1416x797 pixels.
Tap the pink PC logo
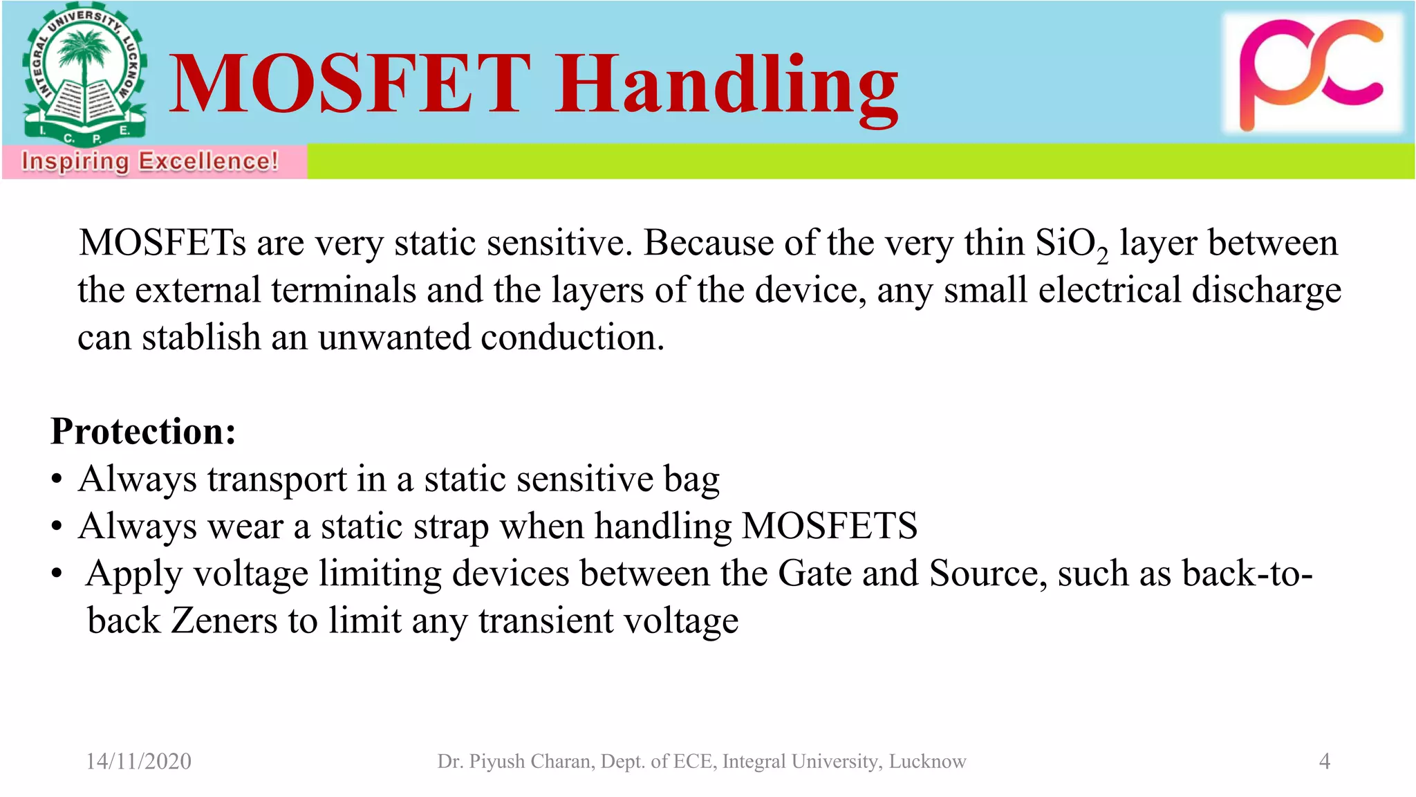[1312, 73]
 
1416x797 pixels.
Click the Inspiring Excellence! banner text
[150, 161]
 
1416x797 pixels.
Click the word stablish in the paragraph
[201, 338]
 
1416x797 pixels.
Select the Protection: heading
[143, 431]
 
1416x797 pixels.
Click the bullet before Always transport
[57, 479]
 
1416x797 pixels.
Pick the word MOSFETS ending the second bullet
[829, 526]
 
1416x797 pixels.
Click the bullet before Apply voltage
[57, 574]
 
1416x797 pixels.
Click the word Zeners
[224, 621]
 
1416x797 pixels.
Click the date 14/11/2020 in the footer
[138, 761]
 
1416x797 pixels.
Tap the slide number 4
[1324, 761]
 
